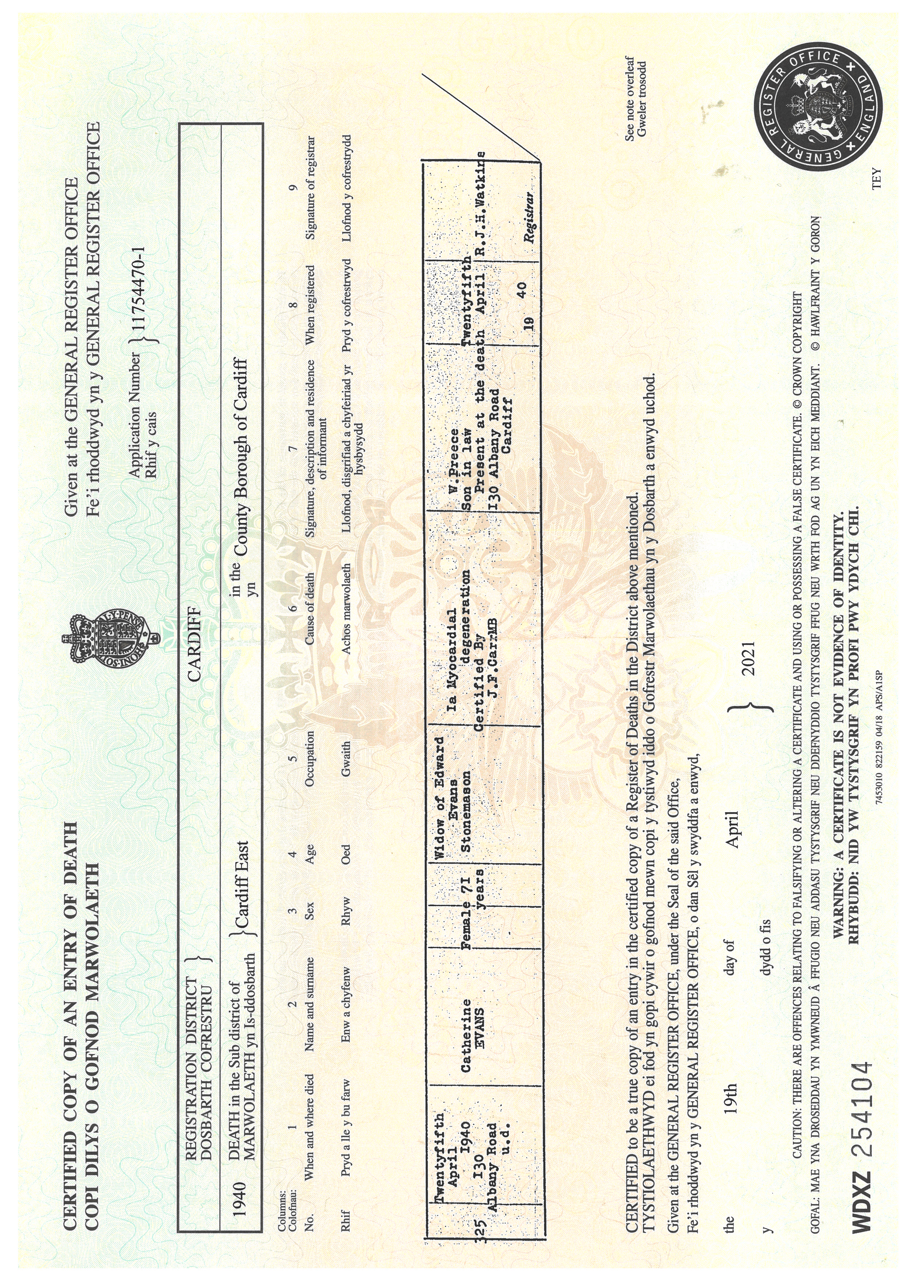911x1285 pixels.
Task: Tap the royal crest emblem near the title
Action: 111,641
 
